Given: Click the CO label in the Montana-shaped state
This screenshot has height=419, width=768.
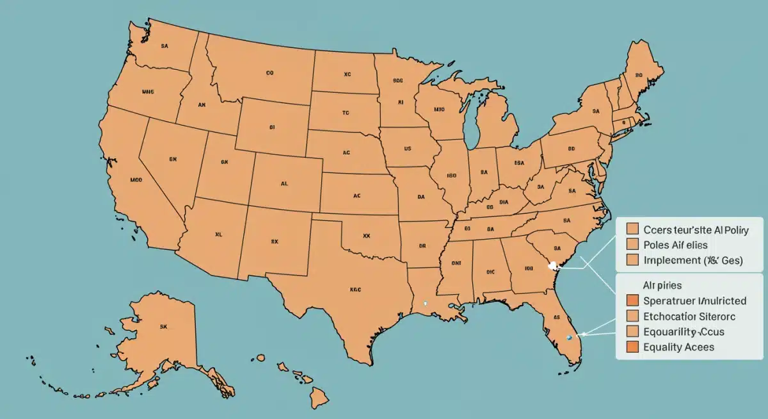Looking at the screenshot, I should [x=269, y=74].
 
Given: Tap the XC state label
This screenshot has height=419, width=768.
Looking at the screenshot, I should [x=347, y=74].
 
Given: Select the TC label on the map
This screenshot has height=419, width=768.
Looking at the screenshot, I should [x=346, y=112].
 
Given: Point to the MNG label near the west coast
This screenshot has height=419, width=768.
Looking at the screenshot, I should [x=149, y=91].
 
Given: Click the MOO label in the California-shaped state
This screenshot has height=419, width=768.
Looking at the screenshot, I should [x=136, y=181].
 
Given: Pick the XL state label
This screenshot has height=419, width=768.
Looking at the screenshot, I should [x=218, y=234].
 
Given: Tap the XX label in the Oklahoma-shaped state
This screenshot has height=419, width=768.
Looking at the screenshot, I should [x=367, y=236].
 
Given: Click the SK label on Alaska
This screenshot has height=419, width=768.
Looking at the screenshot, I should [x=163, y=326].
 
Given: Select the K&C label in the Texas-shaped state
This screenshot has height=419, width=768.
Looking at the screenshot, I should [x=355, y=289].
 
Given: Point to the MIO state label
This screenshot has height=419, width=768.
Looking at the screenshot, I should [x=439, y=110].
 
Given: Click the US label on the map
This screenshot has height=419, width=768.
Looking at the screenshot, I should [x=407, y=148].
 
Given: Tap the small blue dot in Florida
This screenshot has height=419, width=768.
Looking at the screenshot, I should [x=569, y=337].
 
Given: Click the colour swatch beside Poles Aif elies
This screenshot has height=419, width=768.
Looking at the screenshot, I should [x=633, y=244].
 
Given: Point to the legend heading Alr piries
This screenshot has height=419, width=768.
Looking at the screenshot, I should [x=662, y=284].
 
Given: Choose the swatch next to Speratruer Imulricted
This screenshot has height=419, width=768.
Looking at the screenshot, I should [x=633, y=300].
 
